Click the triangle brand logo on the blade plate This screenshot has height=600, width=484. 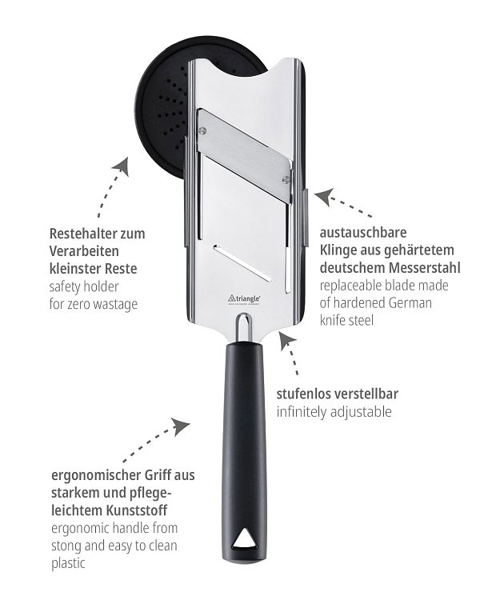(245, 299)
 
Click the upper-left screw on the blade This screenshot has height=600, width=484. (202, 130)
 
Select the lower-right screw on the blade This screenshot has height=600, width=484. (286, 178)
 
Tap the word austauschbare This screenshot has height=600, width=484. (363, 232)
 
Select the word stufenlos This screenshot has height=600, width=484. (302, 394)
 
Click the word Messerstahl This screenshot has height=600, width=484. (424, 267)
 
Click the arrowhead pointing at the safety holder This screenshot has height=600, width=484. (122, 168)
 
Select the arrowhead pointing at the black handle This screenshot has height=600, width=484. (181, 426)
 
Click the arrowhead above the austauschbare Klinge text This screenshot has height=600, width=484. (324, 196)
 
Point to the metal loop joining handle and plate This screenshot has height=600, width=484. (243, 326)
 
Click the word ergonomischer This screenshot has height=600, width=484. (96, 475)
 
